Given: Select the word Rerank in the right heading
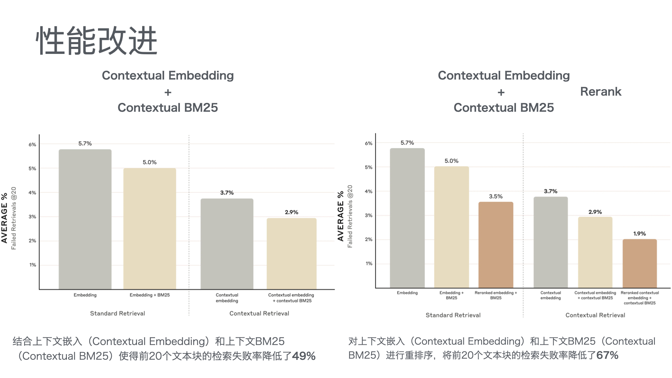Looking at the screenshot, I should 601,92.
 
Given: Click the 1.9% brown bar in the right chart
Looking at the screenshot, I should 639,263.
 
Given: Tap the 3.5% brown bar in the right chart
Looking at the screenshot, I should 496,245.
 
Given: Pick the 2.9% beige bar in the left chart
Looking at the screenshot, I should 292,254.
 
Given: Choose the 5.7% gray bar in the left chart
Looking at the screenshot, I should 85,219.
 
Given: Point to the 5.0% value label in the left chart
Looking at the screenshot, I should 149,162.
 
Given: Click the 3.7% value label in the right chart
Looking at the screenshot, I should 551,191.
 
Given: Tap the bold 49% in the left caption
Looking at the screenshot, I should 304,356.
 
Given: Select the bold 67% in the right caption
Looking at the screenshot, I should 607,356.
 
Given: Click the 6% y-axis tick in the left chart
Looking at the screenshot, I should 33,145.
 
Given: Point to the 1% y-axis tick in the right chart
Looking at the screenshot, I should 369,264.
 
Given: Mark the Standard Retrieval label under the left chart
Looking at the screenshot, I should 118,314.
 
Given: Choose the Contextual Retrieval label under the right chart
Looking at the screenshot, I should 595,315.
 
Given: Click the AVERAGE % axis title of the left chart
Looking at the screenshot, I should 4,218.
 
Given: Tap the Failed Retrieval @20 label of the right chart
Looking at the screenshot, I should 350,216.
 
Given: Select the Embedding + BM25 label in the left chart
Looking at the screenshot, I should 149,295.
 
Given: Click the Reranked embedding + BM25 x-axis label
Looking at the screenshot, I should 496,295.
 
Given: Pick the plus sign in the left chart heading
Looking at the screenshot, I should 168,92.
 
